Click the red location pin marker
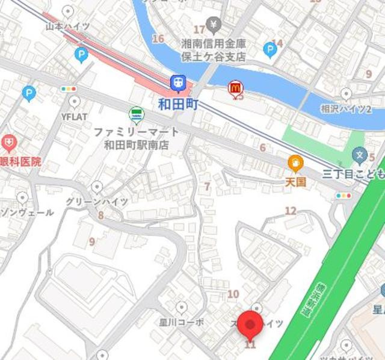click(x=250, y=325)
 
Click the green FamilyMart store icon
click(x=137, y=114)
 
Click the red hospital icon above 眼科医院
click(x=8, y=143)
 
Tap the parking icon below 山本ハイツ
click(x=82, y=55)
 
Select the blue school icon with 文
click(x=360, y=155)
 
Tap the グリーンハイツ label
click(x=97, y=202)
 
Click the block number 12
click(x=291, y=211)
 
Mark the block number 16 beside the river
click(x=158, y=39)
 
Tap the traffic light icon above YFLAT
click(x=69, y=89)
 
